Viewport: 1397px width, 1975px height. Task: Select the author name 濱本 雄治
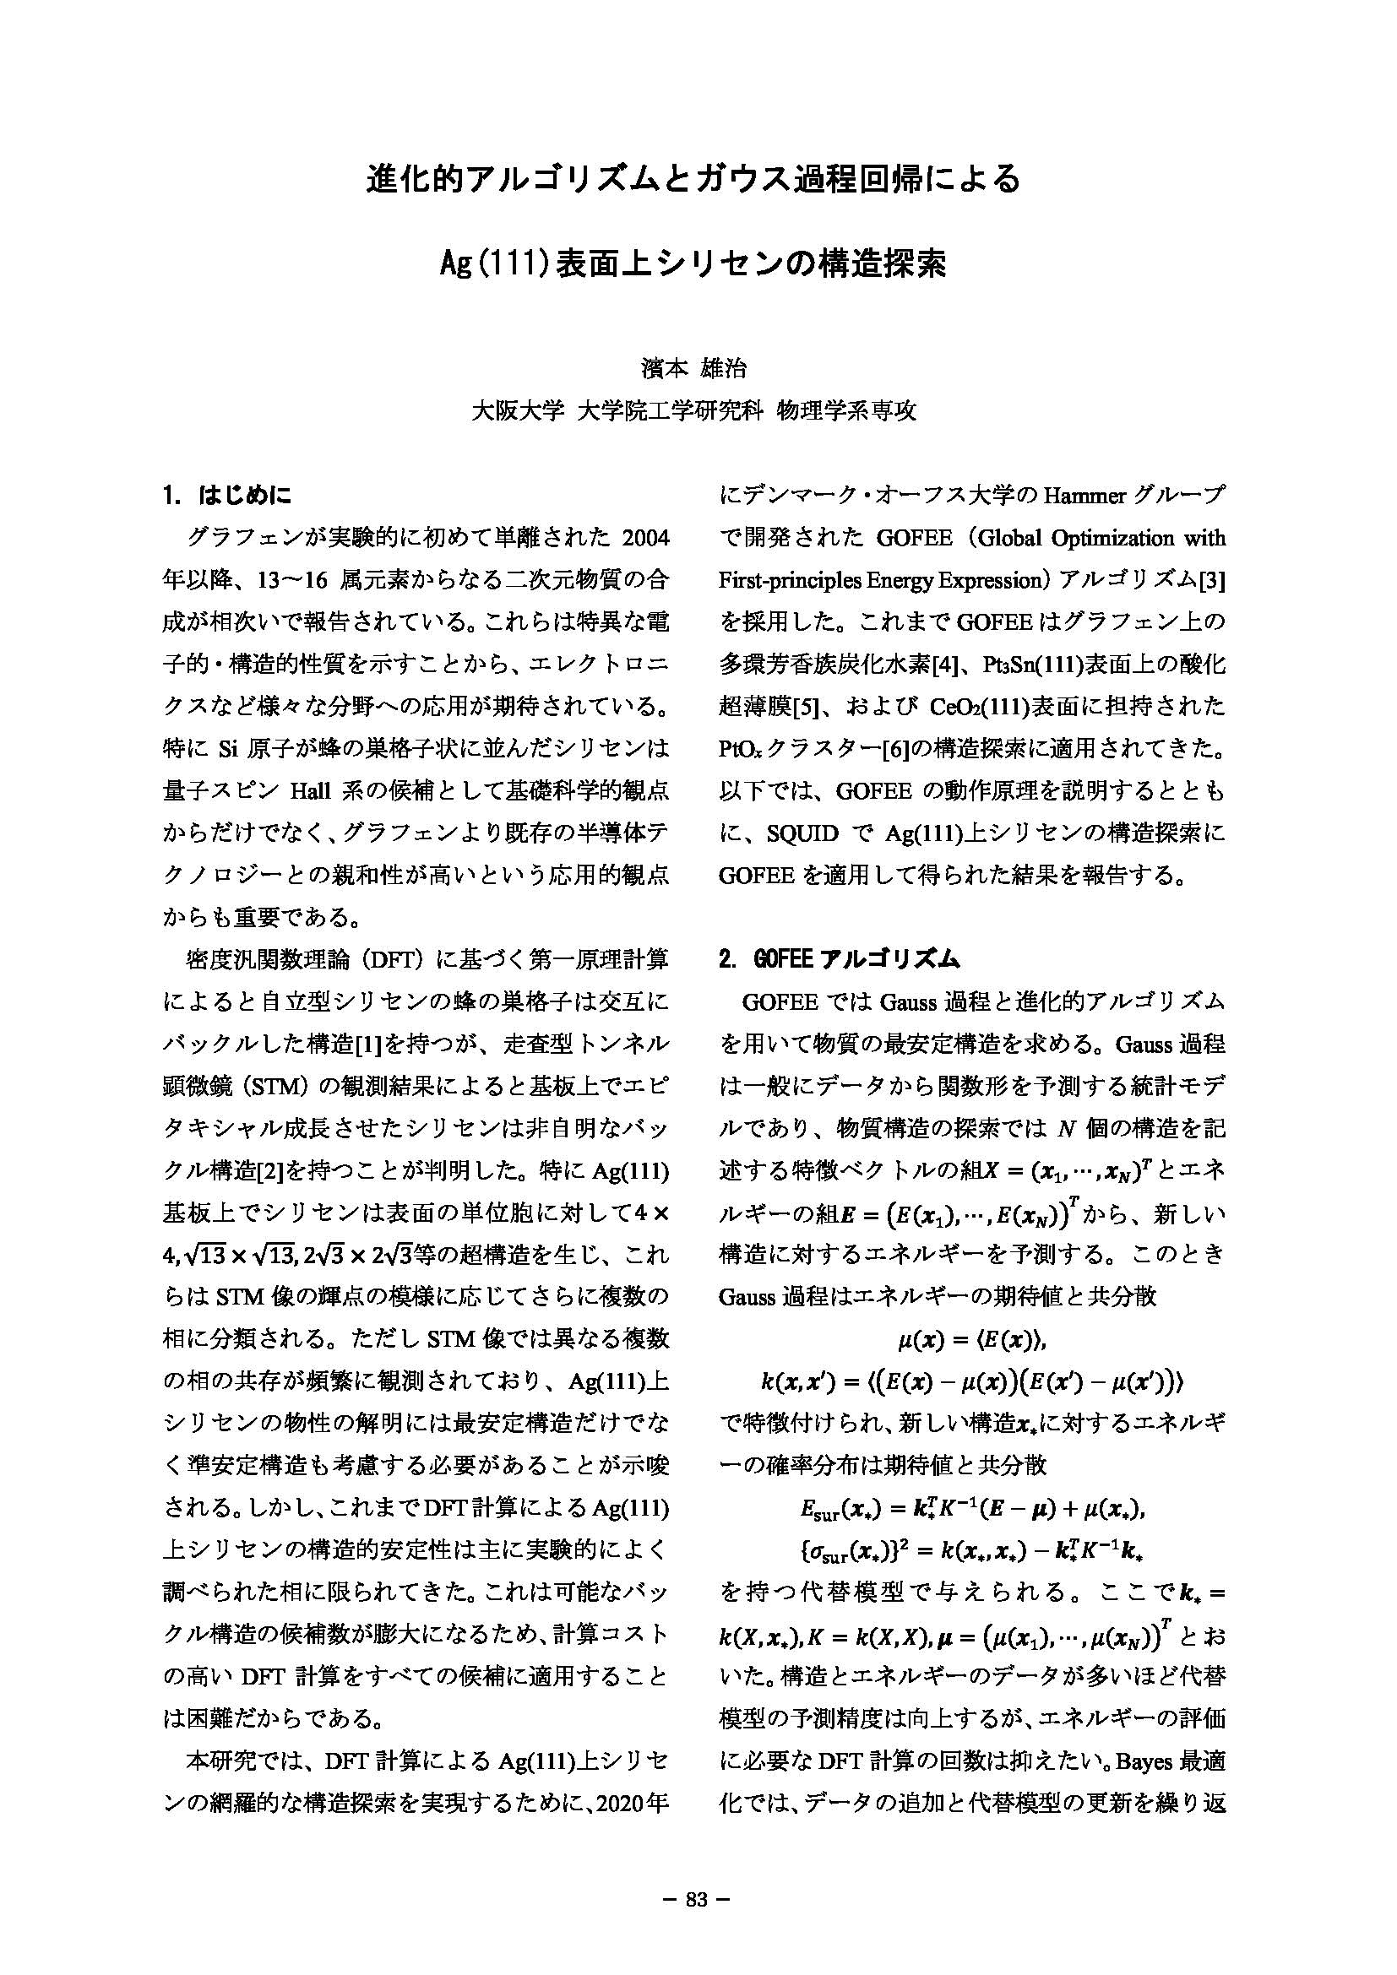[x=698, y=370]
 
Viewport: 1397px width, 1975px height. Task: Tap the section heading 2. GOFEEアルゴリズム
[x=839, y=959]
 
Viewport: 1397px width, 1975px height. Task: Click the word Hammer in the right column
[x=1071, y=496]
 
